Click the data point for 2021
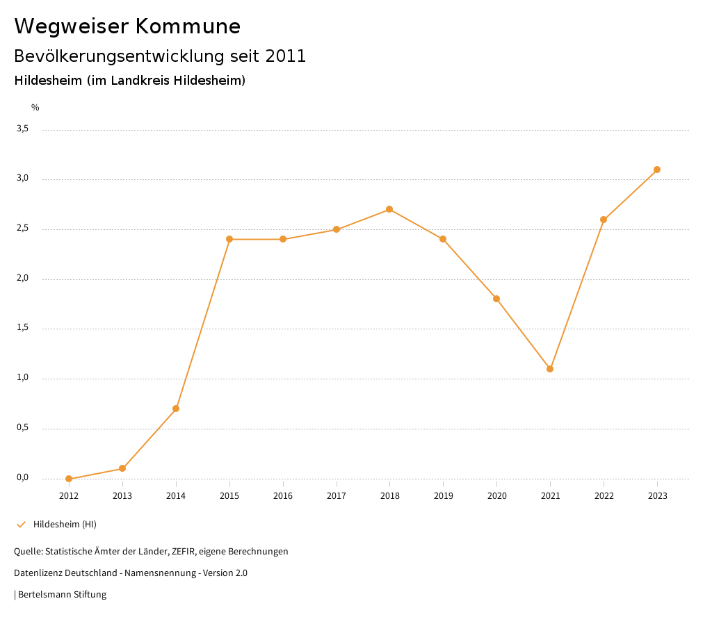[550, 369]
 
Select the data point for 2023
[657, 170]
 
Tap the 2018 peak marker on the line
[389, 209]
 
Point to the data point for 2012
[69, 479]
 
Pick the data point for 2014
[176, 409]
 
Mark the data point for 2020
[496, 299]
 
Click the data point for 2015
[229, 239]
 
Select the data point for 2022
[604, 220]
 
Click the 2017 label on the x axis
[337, 495]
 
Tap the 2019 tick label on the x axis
[444, 495]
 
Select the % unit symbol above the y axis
[35, 107]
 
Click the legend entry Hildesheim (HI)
[65, 524]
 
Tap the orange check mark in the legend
[21, 524]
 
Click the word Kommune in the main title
[188, 26]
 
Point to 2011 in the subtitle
[286, 56]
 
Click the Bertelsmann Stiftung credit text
[62, 595]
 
